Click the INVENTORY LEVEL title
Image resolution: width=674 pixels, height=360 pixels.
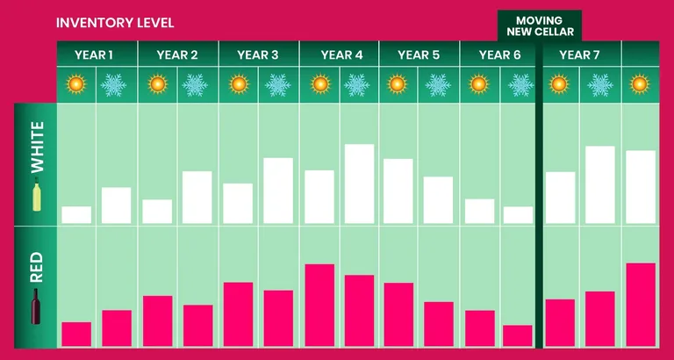click(x=115, y=23)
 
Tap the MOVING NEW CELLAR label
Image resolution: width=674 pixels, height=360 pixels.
click(x=540, y=25)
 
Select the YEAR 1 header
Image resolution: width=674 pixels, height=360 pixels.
click(x=94, y=55)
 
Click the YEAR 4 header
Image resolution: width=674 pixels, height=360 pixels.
click(x=341, y=55)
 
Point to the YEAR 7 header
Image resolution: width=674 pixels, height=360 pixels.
click(x=579, y=55)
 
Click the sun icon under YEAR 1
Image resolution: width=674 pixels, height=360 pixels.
click(x=76, y=84)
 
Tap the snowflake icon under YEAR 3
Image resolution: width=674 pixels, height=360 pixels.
click(x=278, y=84)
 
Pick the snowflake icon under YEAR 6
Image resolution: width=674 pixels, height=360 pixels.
click(x=520, y=84)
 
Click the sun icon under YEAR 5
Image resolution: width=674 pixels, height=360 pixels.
click(x=397, y=84)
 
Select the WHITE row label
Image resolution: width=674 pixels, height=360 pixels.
click(x=37, y=148)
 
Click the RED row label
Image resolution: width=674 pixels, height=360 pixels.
click(x=37, y=267)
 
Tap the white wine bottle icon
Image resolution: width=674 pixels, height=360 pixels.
click(x=37, y=194)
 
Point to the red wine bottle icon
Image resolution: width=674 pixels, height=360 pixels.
click(x=36, y=306)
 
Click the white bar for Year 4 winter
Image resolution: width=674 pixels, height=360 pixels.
click(x=359, y=184)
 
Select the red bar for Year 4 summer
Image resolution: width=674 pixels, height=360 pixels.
click(x=319, y=305)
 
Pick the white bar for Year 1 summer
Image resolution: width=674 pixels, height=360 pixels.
click(x=76, y=215)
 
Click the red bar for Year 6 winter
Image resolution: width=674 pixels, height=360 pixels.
click(x=518, y=335)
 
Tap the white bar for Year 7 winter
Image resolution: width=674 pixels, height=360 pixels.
click(x=600, y=185)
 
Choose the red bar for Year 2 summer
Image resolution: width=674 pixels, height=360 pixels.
click(x=158, y=320)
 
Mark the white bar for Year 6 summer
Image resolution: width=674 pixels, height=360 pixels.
click(x=480, y=212)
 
